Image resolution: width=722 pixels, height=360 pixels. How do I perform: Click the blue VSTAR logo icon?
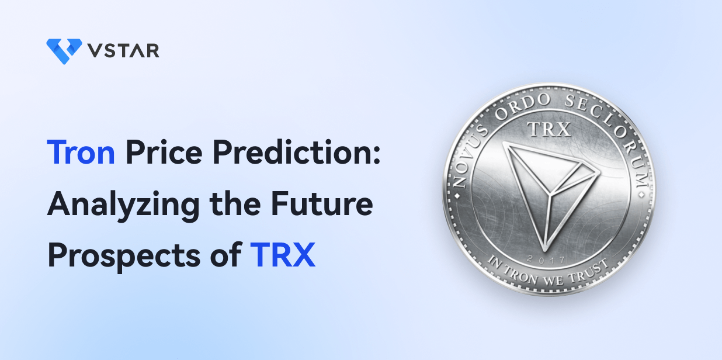[x=64, y=51]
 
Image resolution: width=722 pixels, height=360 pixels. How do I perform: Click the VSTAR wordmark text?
[x=124, y=50]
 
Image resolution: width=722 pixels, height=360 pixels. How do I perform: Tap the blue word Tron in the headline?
[x=81, y=152]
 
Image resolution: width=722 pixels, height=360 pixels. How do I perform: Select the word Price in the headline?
[x=164, y=152]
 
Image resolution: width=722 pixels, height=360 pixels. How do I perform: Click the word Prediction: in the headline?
[x=297, y=152]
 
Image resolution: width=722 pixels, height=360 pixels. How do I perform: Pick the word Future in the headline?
[x=322, y=203]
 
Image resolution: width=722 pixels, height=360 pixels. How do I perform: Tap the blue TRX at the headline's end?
[x=283, y=255]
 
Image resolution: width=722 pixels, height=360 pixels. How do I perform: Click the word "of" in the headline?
[x=226, y=254]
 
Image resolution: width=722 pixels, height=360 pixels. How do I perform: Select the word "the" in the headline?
[x=235, y=203]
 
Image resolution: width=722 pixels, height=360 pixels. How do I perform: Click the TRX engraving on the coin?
[x=549, y=129]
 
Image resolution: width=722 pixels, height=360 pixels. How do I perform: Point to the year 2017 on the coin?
[x=546, y=259]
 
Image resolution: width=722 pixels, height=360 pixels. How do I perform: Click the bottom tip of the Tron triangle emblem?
[x=545, y=251]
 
